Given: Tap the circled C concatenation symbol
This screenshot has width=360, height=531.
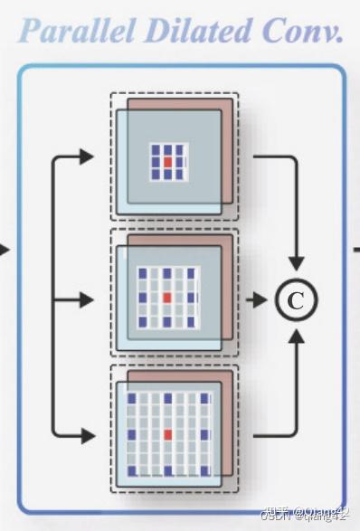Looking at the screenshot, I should (x=295, y=299).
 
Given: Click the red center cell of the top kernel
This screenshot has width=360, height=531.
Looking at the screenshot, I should (x=166, y=161).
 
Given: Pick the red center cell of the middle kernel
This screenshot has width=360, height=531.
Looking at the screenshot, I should (x=166, y=296).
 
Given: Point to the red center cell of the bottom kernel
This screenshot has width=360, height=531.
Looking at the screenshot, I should (x=166, y=435).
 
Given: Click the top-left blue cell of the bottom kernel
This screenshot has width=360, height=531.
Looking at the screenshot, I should (x=131, y=398).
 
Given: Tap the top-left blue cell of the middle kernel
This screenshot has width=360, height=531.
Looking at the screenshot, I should (x=141, y=271).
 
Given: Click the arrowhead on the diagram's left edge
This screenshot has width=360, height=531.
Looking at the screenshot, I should (x=5, y=247).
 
